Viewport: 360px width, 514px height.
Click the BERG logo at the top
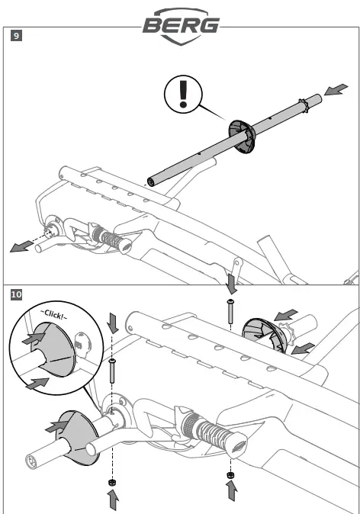click(181, 26)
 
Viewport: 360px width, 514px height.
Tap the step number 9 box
click(16, 35)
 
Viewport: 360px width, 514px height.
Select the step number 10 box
click(16, 294)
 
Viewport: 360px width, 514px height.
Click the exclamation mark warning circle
click(183, 95)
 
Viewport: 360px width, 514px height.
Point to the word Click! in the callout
click(53, 314)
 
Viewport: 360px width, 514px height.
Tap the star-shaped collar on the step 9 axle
click(304, 105)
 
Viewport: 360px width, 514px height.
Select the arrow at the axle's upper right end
click(336, 89)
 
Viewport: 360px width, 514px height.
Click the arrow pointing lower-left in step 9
click(21, 246)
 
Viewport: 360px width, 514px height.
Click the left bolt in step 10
click(112, 371)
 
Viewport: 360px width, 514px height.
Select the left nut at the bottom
click(112, 482)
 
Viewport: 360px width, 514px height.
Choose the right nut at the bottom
click(230, 475)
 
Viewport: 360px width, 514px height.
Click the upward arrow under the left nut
click(113, 500)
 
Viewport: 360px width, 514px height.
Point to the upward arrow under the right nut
click(232, 490)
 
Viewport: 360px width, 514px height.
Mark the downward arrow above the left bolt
click(113, 323)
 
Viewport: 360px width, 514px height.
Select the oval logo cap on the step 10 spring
click(239, 445)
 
